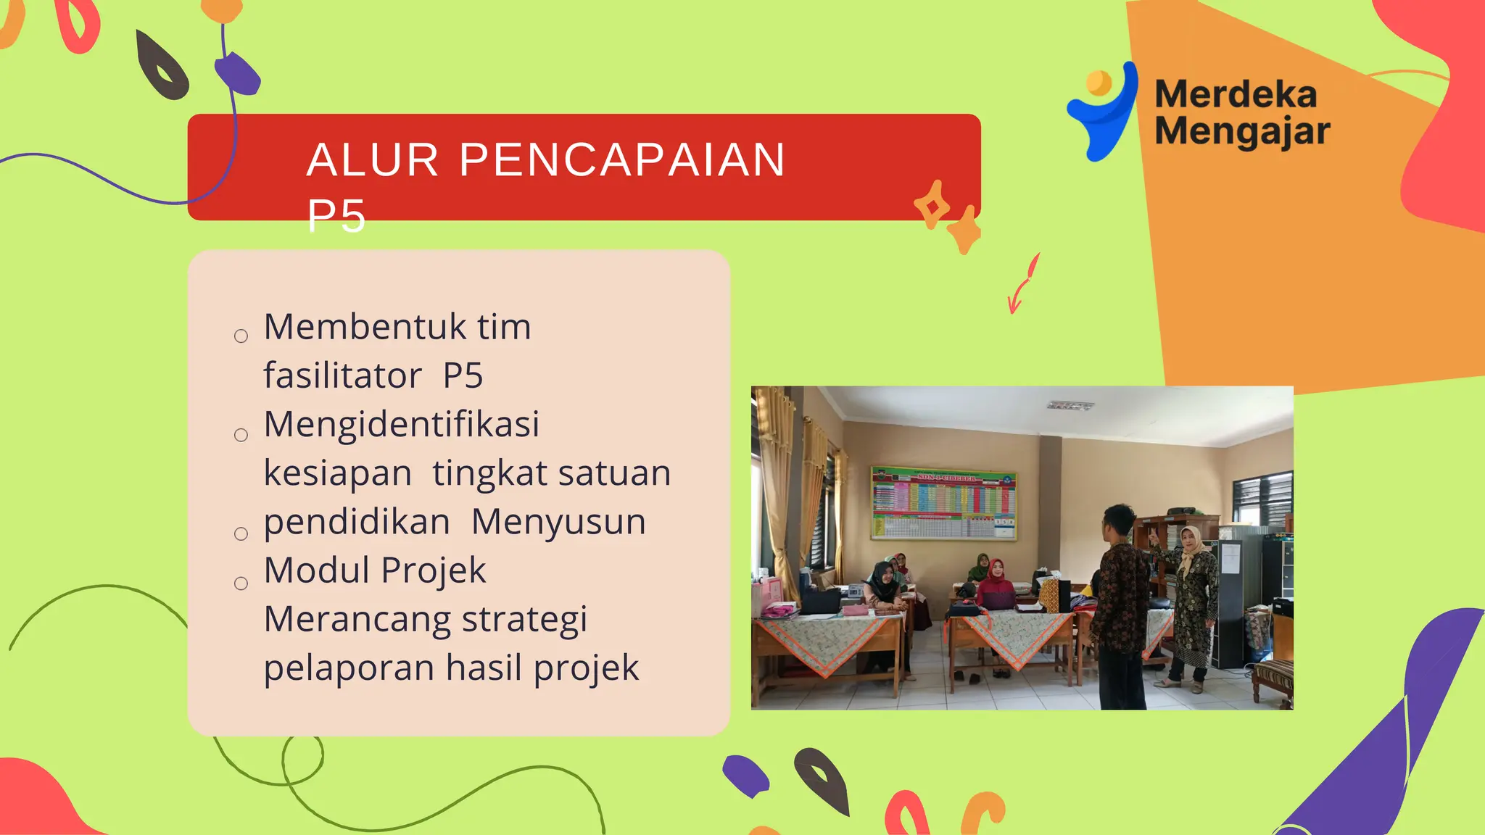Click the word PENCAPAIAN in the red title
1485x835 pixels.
tap(622, 159)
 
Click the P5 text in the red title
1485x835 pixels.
tap(336, 216)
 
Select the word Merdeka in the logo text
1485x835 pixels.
tap(1236, 95)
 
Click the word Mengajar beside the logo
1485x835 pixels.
tap(1242, 132)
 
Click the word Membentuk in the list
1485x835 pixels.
tap(365, 327)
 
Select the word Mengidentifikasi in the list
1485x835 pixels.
tap(402, 424)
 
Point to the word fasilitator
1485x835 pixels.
tap(342, 376)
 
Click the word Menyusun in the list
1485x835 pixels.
tap(558, 522)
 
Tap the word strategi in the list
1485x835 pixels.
tap(524, 620)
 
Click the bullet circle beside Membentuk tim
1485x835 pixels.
tap(241, 336)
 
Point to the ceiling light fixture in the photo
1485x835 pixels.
tap(1070, 405)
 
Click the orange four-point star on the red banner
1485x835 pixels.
tap(932, 205)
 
